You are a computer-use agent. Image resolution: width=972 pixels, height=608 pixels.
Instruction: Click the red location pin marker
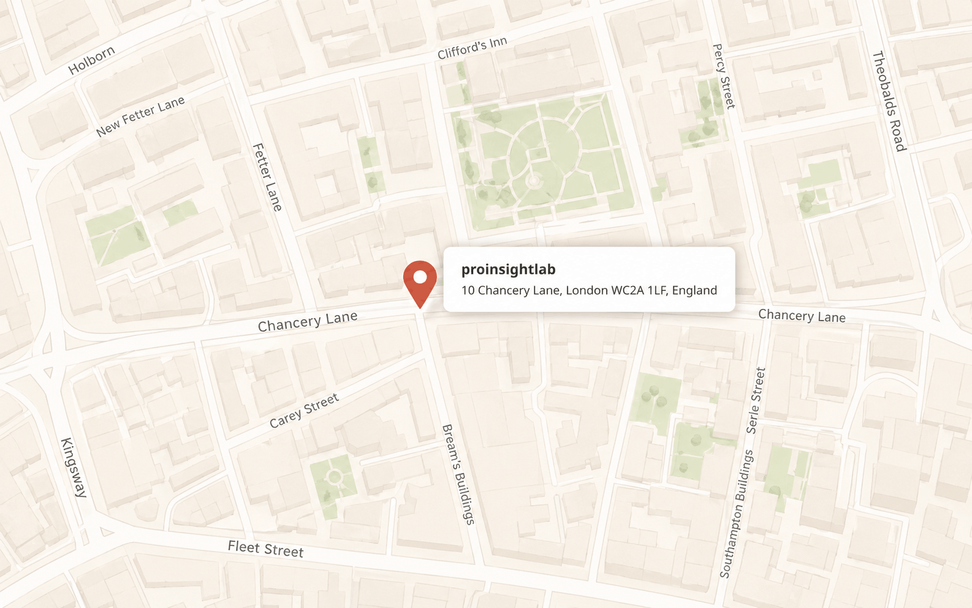coord(420,283)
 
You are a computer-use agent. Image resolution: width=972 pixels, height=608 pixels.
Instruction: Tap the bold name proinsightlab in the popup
coord(508,270)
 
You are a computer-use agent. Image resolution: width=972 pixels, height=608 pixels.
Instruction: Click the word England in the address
coord(694,291)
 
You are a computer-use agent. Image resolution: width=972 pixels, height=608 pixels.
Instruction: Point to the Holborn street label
coord(91,60)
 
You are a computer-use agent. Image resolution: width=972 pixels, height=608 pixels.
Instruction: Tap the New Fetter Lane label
coord(140,116)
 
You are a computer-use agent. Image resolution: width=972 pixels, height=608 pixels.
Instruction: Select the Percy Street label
coord(724,76)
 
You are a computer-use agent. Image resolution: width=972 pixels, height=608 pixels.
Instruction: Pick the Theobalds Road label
coord(889,101)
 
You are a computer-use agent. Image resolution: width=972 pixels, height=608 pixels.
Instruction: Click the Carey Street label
coord(304,411)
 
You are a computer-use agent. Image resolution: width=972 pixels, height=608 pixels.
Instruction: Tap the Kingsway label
coord(74,467)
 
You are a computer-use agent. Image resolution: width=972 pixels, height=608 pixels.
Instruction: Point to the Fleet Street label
coord(265,549)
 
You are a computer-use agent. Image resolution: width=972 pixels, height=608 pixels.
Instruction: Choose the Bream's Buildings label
coord(458,474)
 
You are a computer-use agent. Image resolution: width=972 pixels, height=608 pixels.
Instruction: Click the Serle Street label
coord(756,400)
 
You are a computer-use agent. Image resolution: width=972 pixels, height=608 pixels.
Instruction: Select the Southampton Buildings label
coord(736,514)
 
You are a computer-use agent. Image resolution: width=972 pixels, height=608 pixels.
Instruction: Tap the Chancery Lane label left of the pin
coord(307,322)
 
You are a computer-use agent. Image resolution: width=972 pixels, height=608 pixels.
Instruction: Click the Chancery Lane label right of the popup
coord(802,316)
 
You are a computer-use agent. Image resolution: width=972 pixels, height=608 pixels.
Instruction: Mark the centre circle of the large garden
coord(533,181)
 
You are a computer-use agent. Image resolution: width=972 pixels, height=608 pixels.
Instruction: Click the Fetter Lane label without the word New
coord(268,177)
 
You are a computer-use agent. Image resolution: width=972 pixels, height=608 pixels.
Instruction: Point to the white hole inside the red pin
coord(420,277)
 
